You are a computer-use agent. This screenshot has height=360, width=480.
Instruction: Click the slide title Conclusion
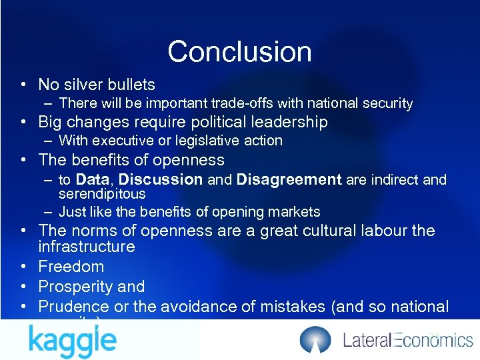tap(239, 51)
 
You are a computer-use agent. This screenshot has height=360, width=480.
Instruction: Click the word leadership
tap(293, 122)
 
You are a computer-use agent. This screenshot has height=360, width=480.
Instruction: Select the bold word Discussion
tap(161, 179)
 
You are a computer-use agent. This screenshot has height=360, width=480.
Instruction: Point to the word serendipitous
tap(102, 194)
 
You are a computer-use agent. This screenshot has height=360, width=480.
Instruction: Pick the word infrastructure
tap(87, 247)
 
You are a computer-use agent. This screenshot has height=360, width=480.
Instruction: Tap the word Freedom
tap(71, 267)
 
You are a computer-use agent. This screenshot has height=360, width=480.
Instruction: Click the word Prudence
tap(74, 307)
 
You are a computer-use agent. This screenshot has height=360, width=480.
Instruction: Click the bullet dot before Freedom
tap(23, 267)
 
